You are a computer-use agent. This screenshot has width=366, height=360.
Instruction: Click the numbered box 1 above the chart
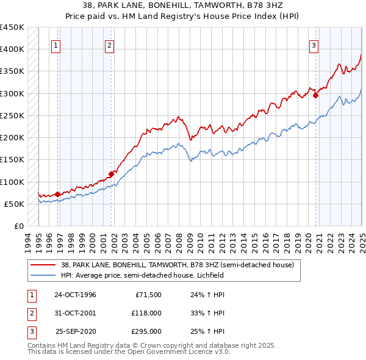[x=56, y=45]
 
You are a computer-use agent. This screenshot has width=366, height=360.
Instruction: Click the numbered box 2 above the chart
[x=109, y=45]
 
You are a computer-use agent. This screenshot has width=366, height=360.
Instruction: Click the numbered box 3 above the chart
[x=314, y=45]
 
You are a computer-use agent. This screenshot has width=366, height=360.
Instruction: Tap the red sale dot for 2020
[x=315, y=95]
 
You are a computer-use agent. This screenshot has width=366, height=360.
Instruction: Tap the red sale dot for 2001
[x=112, y=174]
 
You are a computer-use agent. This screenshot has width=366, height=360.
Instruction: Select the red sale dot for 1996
[x=58, y=195]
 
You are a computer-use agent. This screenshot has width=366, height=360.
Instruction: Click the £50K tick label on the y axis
[x=14, y=204]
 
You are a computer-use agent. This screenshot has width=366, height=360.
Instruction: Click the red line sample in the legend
[x=45, y=265]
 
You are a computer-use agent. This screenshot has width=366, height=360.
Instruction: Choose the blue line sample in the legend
[x=45, y=275]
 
